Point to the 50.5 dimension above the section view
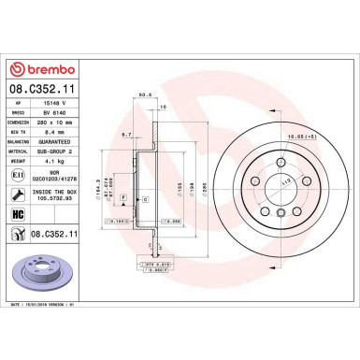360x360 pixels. [x=145, y=94]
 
